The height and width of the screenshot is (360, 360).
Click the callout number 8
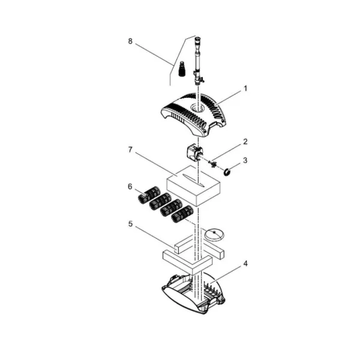pos(130,41)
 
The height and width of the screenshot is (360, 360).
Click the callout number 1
pos(245,88)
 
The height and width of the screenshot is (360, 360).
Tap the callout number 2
pos(245,142)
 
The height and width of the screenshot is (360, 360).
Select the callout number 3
pos(245,160)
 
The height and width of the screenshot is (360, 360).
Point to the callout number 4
pos(245,264)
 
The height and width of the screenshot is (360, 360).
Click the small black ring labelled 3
pos(227,171)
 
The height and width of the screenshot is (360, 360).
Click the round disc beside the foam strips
pos(214,235)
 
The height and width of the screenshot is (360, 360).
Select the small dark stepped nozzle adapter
pos(182,68)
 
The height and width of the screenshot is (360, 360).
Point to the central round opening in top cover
pos(197,107)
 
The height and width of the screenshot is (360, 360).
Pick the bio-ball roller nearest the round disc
pos(182,214)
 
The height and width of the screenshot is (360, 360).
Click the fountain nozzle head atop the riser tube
pos(197,41)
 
